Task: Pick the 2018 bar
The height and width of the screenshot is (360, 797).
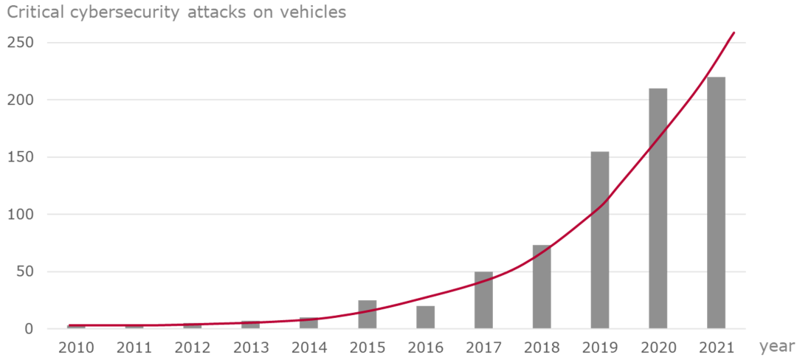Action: tap(542, 287)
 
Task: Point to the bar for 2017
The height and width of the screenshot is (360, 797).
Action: tap(483, 300)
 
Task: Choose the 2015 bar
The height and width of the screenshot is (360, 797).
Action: tap(367, 314)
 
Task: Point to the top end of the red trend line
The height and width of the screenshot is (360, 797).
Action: tap(734, 33)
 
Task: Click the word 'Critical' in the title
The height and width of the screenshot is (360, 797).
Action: tap(34, 13)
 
